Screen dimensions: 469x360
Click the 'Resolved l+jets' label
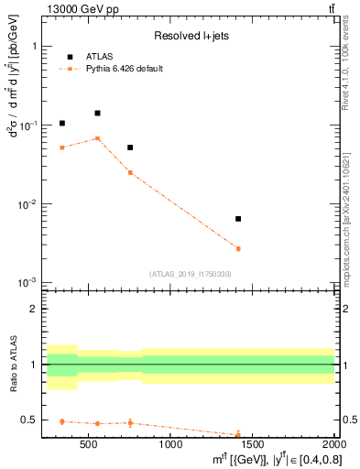pyautogui.click(x=190, y=37)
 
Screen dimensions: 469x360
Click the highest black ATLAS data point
pyautogui.click(x=97, y=113)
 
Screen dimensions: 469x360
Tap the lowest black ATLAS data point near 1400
pyautogui.click(x=238, y=219)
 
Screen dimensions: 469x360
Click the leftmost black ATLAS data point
pyautogui.click(x=62, y=123)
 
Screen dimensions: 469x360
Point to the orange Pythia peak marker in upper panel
pyautogui.click(x=97, y=138)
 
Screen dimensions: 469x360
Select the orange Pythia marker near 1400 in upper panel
pyautogui.click(x=238, y=248)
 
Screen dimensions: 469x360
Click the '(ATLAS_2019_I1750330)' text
pyautogui.click(x=190, y=274)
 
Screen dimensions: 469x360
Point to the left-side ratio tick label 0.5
pyautogui.click(x=29, y=420)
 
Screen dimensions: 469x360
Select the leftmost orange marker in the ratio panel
pyautogui.click(x=62, y=421)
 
